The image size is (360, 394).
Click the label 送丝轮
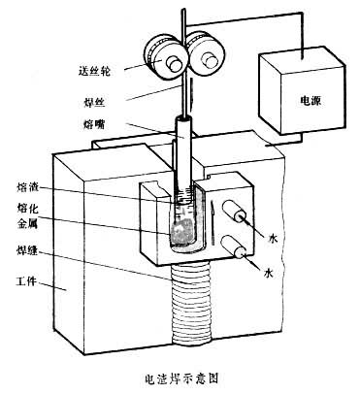(94, 71)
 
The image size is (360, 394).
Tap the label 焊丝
(92, 102)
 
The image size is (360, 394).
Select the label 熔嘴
(94, 124)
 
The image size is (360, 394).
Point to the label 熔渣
(27, 187)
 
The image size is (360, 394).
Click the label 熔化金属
(27, 216)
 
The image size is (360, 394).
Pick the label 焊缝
(27, 250)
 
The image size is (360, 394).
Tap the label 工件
(26, 282)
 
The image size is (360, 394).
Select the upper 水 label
(273, 239)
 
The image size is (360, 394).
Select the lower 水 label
(269, 274)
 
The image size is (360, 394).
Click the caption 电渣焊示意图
(181, 378)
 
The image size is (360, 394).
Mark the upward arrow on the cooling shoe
(213, 224)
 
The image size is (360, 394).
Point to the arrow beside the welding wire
(193, 93)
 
